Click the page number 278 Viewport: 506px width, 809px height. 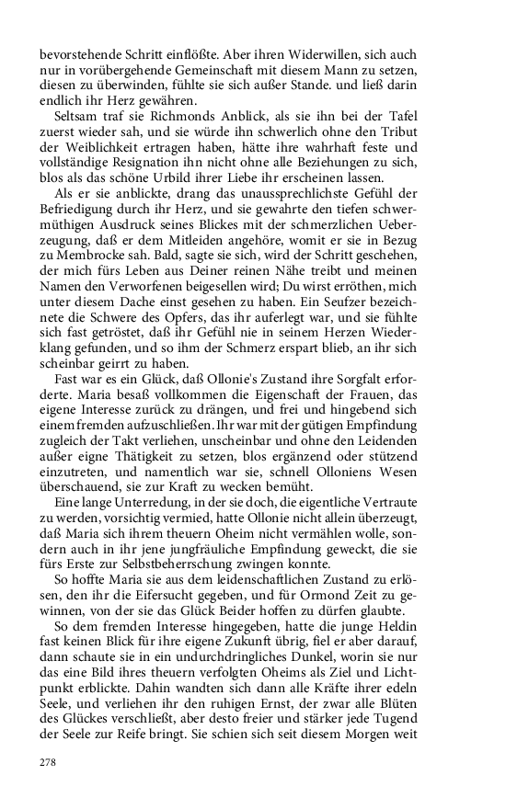48,762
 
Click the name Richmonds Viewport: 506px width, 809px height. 155,131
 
